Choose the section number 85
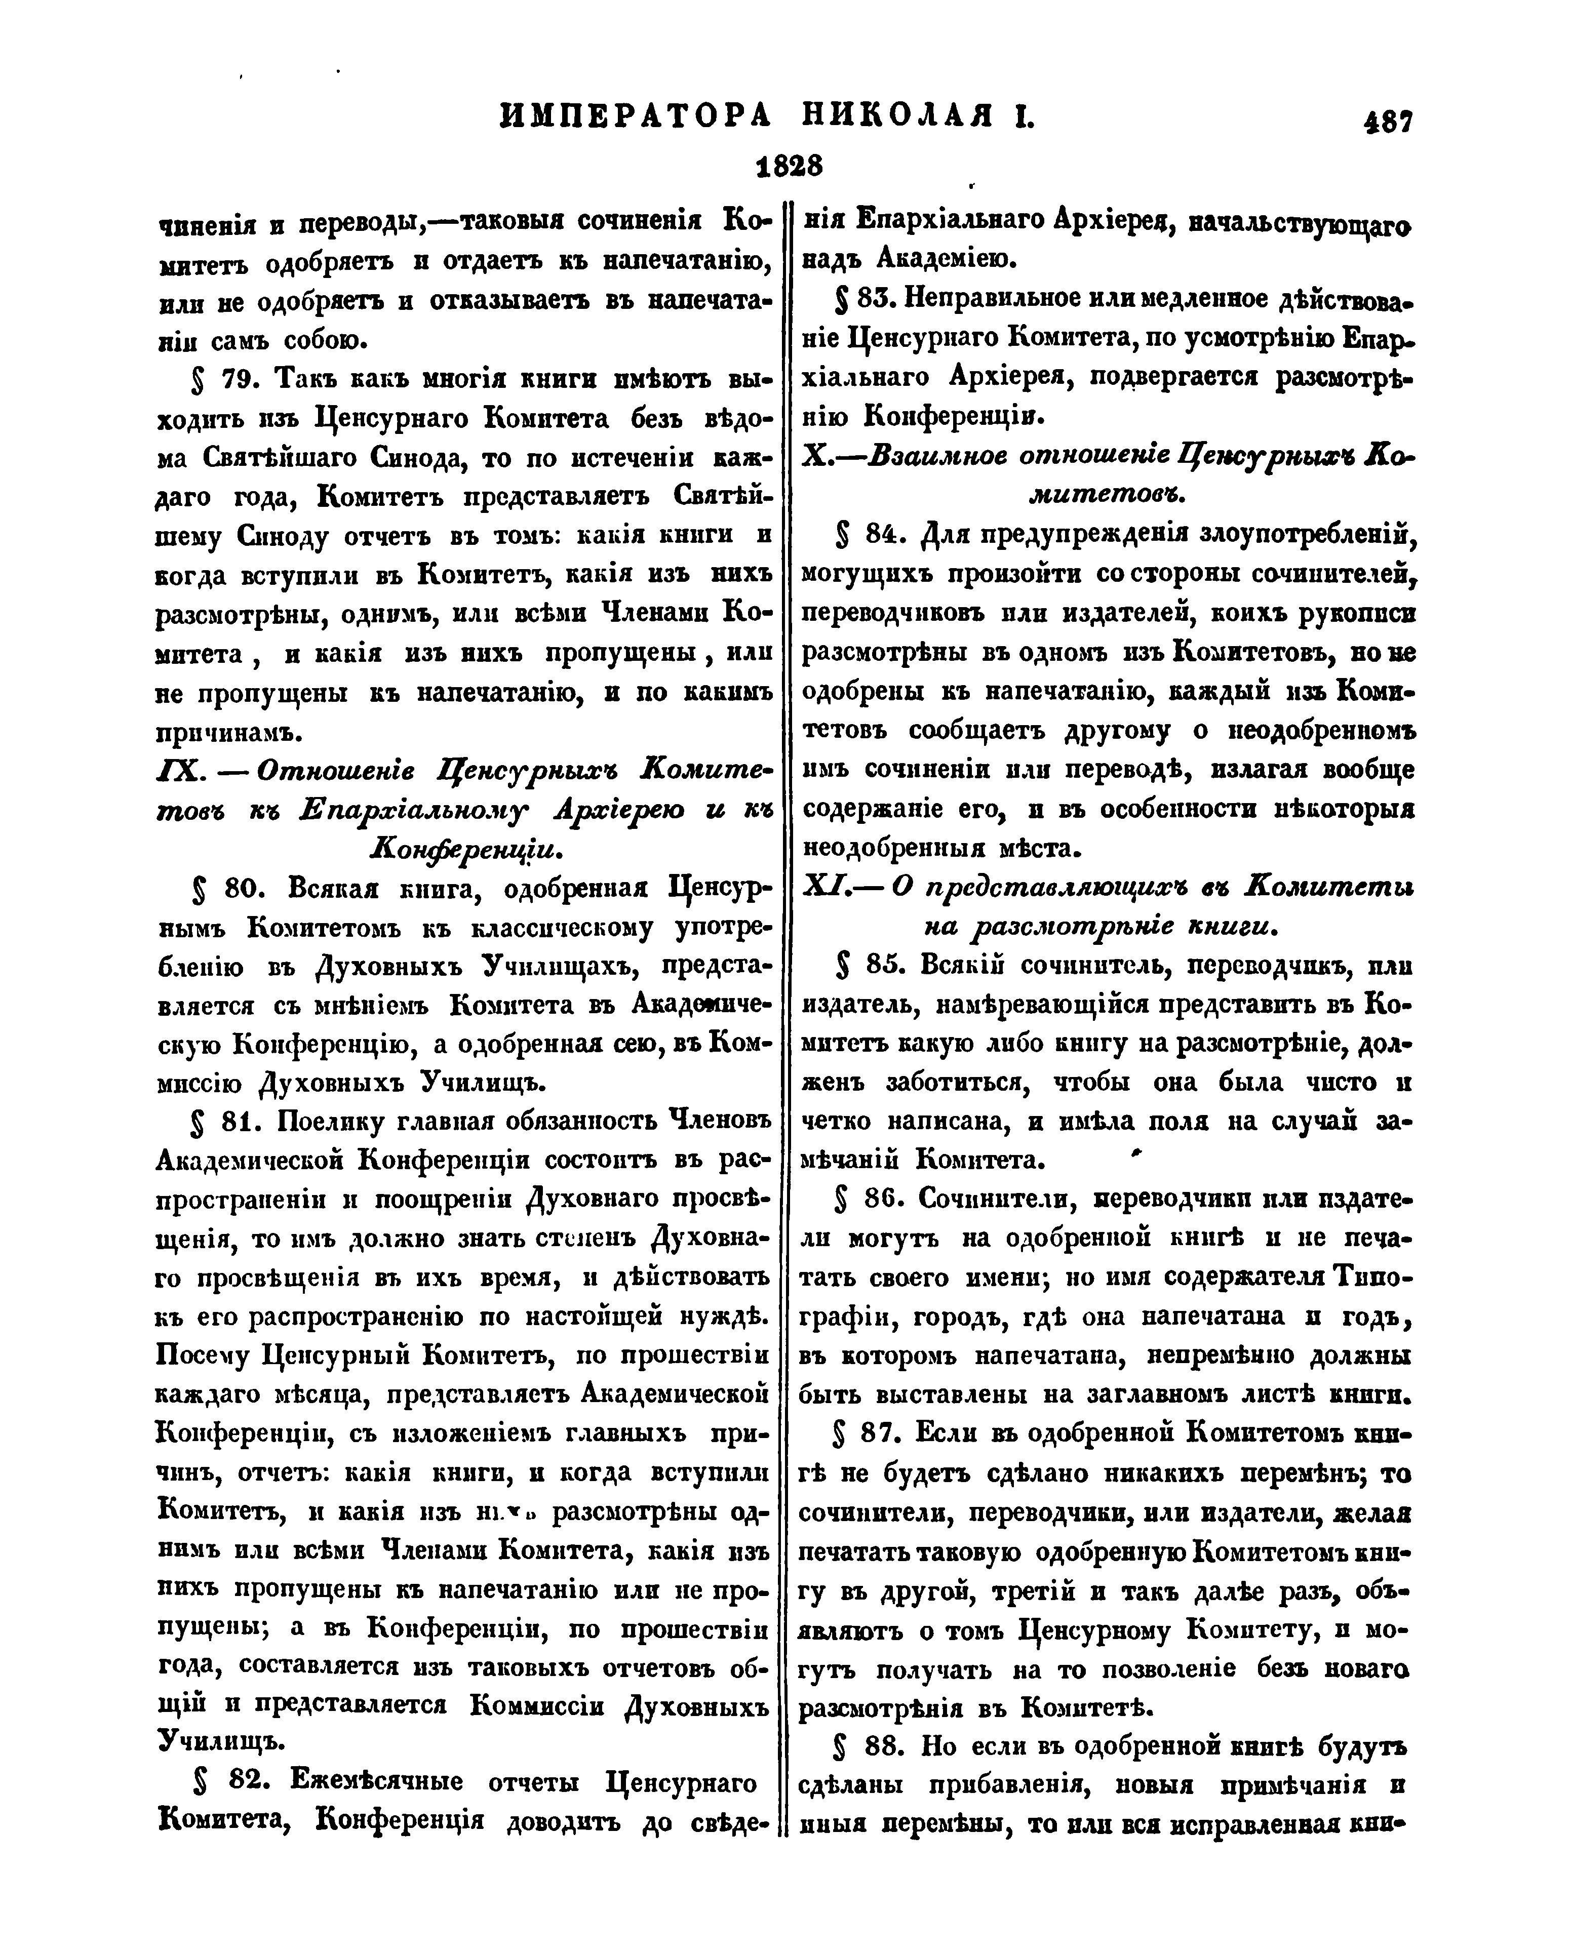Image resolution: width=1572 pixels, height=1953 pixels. coord(883,967)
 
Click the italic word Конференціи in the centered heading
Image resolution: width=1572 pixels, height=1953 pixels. coord(466,849)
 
